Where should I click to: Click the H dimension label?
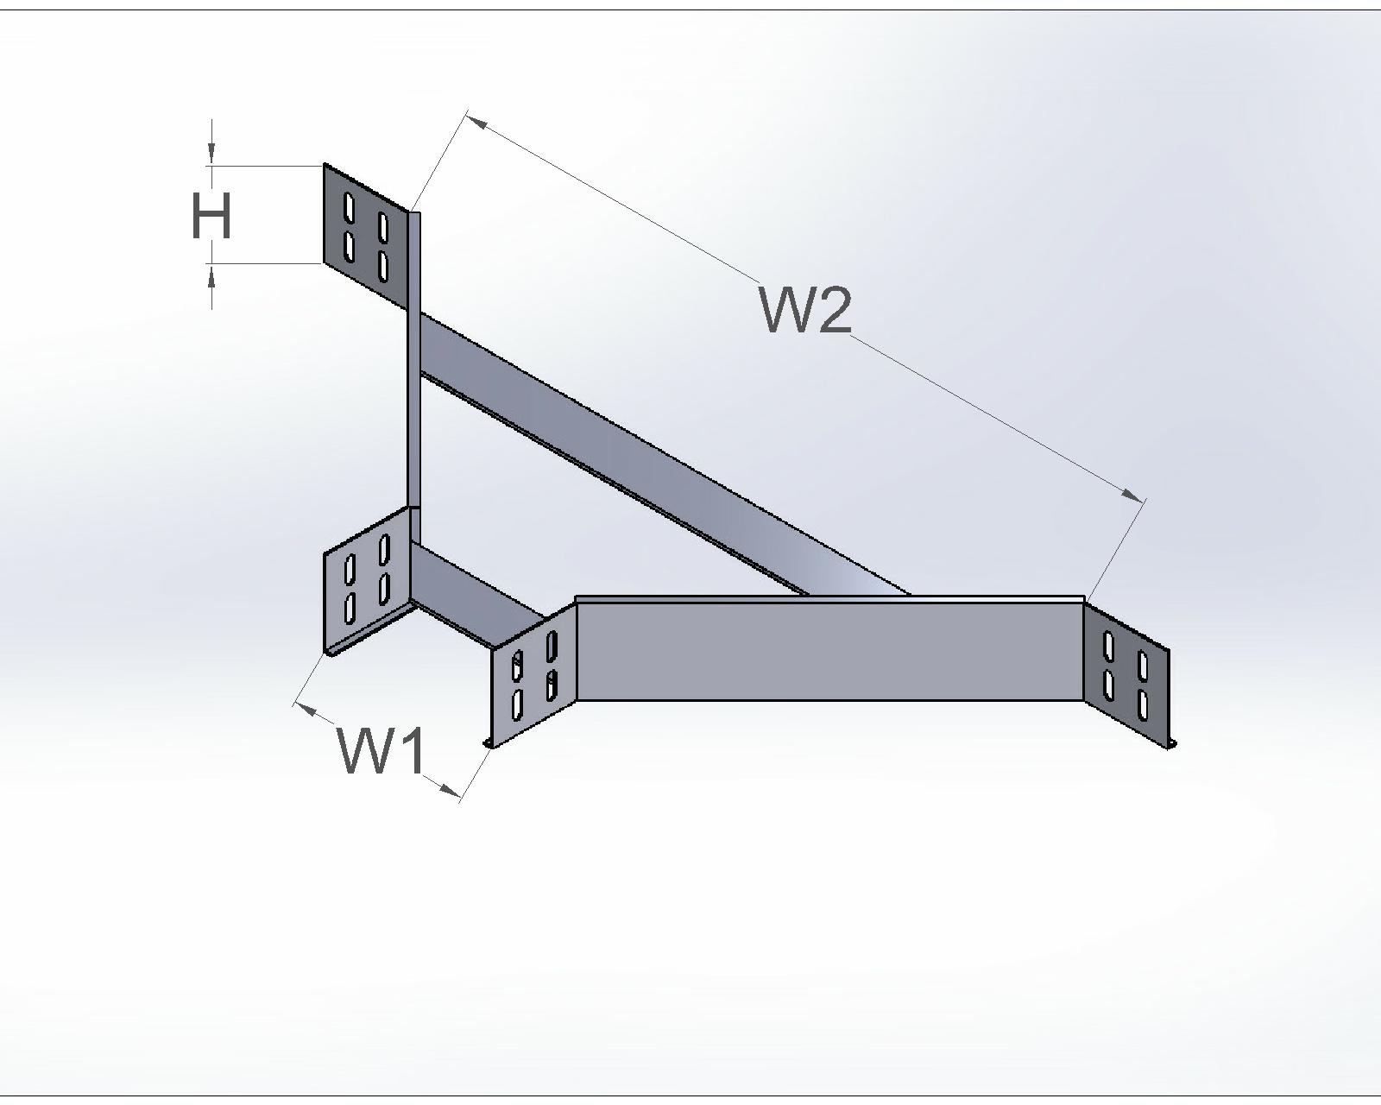point(211,216)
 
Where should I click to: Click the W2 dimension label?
point(806,309)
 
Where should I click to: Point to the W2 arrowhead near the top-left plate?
point(476,123)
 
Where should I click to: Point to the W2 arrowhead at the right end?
point(1131,494)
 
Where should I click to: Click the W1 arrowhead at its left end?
point(304,708)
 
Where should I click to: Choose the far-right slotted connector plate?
point(1126,673)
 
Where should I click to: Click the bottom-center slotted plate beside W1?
point(533,673)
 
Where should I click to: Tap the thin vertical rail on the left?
point(413,363)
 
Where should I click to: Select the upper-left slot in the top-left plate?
point(349,208)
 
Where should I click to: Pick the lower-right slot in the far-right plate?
point(1143,704)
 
